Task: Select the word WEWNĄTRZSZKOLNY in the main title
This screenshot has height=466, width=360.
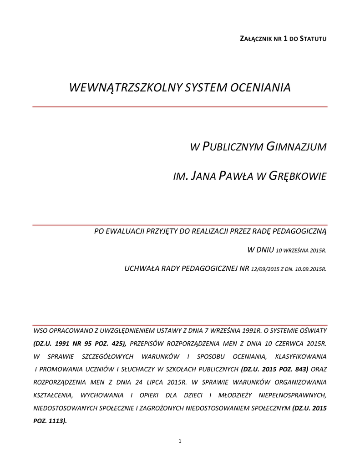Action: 125,87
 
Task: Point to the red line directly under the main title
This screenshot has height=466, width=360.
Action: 180,106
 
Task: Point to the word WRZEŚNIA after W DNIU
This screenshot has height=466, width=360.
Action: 290,251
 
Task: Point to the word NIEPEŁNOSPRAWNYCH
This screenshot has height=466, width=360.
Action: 289,395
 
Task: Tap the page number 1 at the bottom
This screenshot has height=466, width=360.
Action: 180,441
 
